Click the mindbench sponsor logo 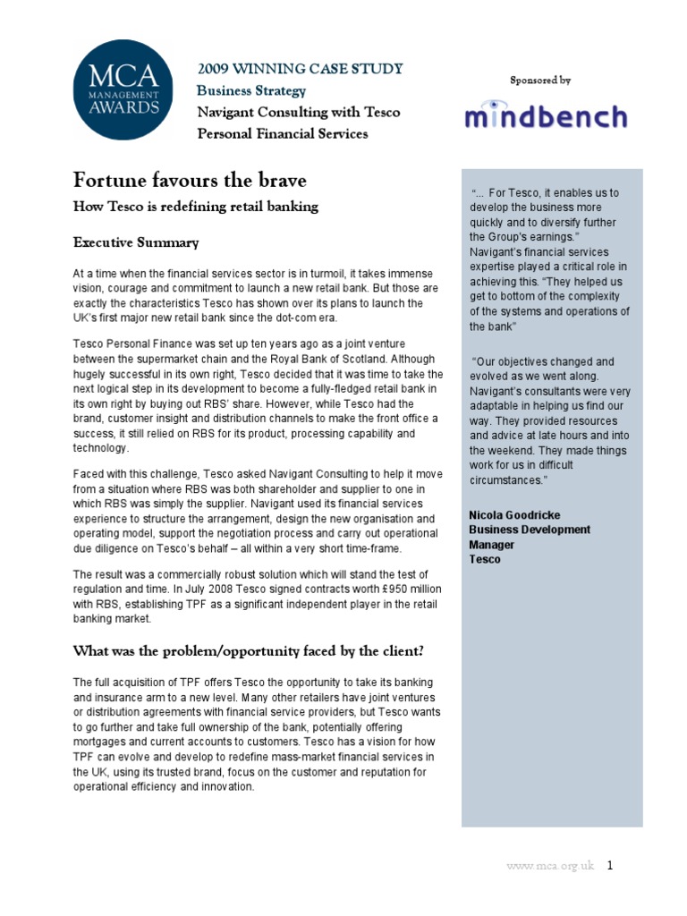545,117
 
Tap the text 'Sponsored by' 540,81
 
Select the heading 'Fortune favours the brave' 189,181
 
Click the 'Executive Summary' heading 136,242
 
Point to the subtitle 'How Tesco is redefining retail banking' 195,208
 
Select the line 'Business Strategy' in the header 251,91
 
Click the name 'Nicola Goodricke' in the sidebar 513,514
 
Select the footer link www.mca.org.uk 549,867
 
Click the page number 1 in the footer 610,866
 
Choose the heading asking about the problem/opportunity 248,650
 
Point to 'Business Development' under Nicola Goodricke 530,530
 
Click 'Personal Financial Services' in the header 282,134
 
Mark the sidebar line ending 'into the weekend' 549,436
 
